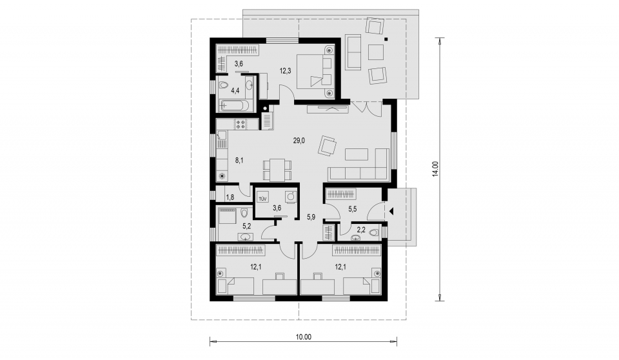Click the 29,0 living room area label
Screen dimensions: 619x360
299,140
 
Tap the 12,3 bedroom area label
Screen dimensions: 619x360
285,71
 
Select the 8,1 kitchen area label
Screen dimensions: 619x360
239,160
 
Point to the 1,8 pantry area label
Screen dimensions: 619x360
230,197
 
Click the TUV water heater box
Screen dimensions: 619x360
263,198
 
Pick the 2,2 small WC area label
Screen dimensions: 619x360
361,229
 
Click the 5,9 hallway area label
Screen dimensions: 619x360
311,217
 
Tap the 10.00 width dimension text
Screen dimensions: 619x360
303,337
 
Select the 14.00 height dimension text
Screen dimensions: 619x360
435,169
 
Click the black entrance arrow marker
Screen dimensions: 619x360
391,211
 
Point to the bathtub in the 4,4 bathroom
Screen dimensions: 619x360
235,105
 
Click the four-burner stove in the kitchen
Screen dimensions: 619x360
241,125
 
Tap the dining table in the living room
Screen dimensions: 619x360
277,169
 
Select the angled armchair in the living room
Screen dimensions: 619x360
327,146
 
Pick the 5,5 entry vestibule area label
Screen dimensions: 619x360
353,209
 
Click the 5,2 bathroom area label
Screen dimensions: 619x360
247,226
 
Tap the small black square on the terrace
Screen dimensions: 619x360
386,39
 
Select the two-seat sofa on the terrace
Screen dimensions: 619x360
353,52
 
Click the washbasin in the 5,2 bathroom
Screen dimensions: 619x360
246,236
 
